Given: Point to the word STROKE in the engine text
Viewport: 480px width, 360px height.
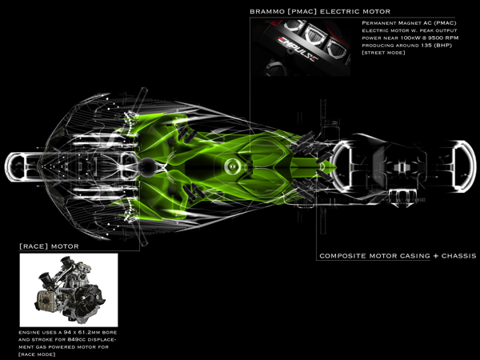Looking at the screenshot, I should point(46,340).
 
